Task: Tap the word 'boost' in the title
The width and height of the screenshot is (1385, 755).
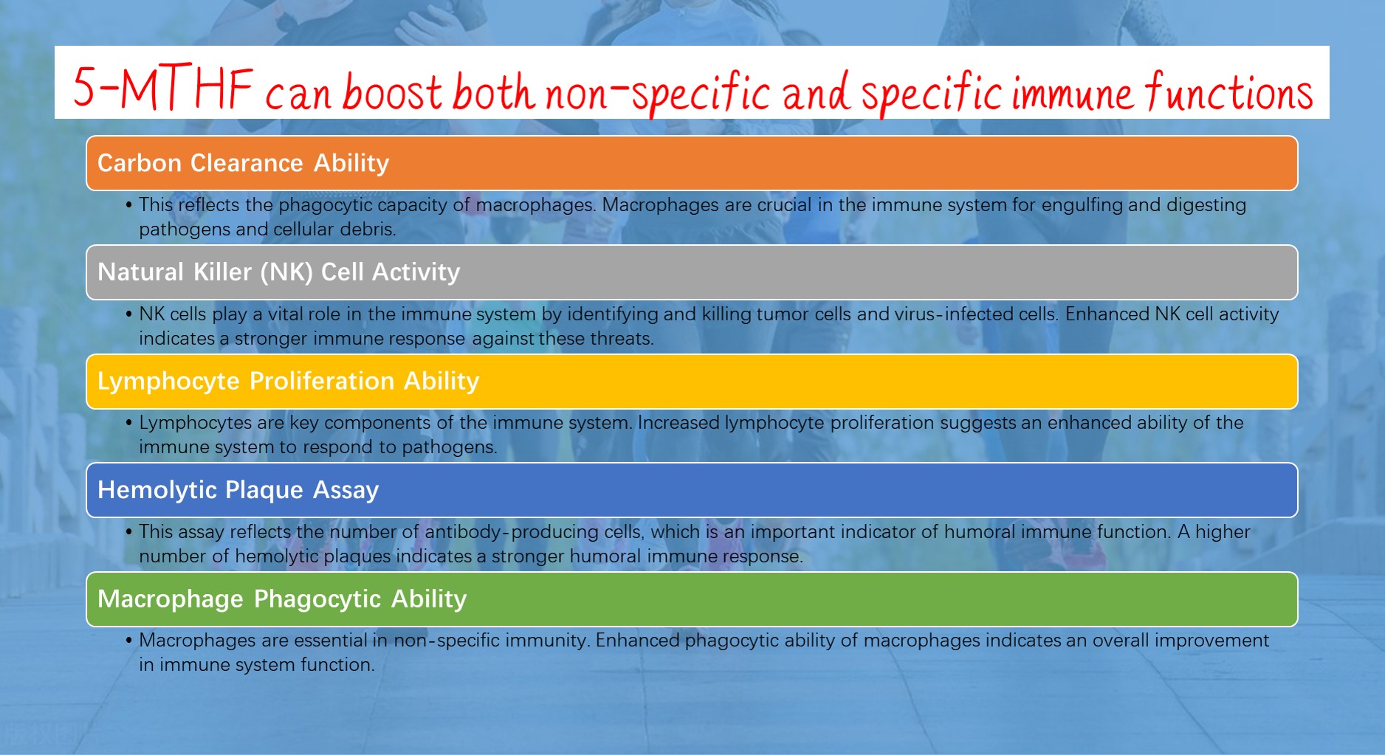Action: coord(392,92)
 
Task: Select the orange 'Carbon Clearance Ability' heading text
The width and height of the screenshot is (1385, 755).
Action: coord(243,163)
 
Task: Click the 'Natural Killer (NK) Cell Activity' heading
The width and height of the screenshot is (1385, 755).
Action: coord(278,272)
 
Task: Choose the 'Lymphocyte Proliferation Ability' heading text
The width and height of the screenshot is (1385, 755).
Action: coord(288,381)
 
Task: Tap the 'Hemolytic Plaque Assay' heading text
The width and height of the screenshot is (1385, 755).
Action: coord(238,490)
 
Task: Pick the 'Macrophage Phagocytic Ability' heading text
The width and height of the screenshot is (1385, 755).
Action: coord(282,599)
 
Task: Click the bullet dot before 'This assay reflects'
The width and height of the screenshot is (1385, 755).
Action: coord(129,531)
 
